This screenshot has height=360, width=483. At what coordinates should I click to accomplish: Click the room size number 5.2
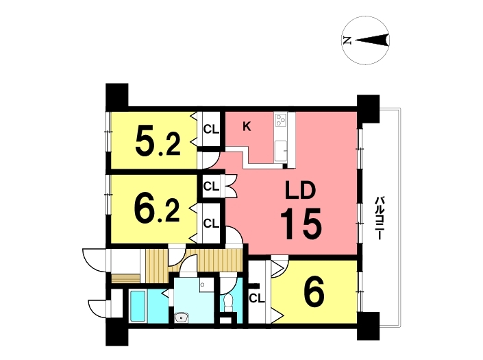coord(158,143)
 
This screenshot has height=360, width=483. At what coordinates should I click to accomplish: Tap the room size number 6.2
coord(157,211)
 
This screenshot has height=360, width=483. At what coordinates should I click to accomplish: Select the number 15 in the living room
coord(301,224)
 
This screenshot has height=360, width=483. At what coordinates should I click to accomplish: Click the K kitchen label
coord(247,126)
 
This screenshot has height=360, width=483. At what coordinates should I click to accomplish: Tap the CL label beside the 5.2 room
coord(211,130)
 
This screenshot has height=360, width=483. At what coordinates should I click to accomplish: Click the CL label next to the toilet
coord(257,298)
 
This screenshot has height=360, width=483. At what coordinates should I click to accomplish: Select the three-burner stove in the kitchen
coord(281,119)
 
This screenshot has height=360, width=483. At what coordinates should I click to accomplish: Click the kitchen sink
coord(281,151)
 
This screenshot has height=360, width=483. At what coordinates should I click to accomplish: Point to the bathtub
coord(138,306)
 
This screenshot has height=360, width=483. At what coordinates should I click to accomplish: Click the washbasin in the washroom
coord(181,317)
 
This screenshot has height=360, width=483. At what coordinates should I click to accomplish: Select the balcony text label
coord(379,219)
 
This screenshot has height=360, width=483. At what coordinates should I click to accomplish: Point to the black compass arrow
coord(372,40)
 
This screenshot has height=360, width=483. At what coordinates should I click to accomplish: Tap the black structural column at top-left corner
coord(116,95)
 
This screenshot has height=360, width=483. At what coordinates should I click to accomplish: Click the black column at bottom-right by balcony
coord(368,326)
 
